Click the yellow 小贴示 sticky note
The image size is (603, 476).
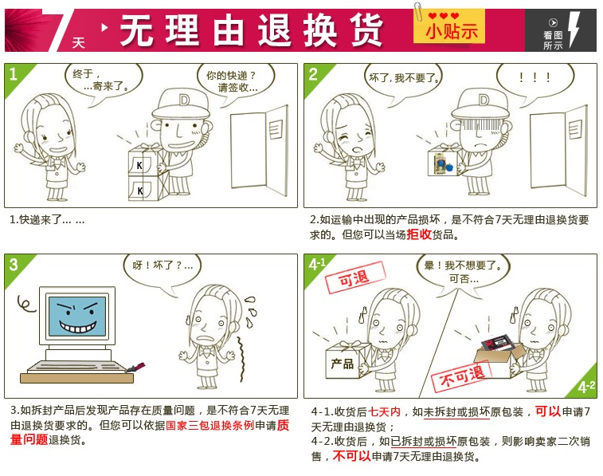[448, 27]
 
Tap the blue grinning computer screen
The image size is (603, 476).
[77, 317]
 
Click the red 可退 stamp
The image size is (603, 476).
[355, 277]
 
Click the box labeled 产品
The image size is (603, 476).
[343, 362]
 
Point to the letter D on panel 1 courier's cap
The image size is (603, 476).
[185, 100]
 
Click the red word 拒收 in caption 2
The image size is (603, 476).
[419, 234]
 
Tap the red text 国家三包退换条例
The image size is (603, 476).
[210, 425]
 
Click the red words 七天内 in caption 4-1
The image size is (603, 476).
[385, 411]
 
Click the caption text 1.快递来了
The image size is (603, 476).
[47, 220]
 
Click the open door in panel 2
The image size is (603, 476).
[559, 150]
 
